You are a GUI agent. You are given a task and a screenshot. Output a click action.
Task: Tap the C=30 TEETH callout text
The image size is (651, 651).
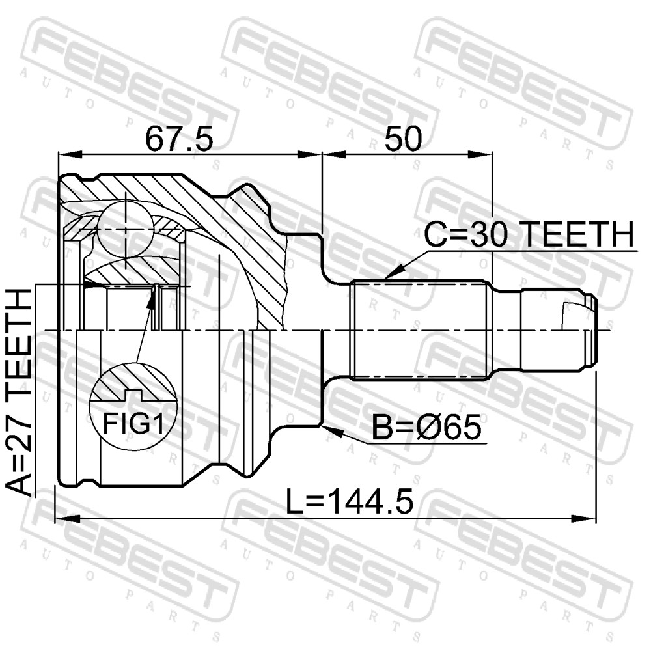(x=529, y=234)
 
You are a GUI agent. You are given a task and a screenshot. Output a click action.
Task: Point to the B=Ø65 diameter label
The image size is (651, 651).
(x=426, y=428)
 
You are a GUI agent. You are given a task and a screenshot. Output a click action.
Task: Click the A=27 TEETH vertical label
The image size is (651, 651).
(x=20, y=393)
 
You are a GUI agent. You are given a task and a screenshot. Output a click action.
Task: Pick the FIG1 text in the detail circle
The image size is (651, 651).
(x=133, y=424)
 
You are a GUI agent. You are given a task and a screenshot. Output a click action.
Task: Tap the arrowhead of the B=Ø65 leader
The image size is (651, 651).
(x=332, y=431)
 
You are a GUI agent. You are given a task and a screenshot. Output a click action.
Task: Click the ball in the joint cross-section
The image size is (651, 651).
(x=126, y=229)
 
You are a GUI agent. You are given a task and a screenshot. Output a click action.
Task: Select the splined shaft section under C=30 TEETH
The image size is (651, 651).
(x=419, y=331)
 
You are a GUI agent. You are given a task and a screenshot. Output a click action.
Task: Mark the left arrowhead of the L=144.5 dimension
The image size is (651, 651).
(x=66, y=519)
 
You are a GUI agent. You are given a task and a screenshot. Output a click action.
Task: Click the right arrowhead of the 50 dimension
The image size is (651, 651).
(x=480, y=154)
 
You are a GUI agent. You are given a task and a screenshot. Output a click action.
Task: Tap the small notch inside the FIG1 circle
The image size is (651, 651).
(x=133, y=395)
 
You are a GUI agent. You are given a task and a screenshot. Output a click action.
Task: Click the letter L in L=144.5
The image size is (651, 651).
(x=295, y=501)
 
